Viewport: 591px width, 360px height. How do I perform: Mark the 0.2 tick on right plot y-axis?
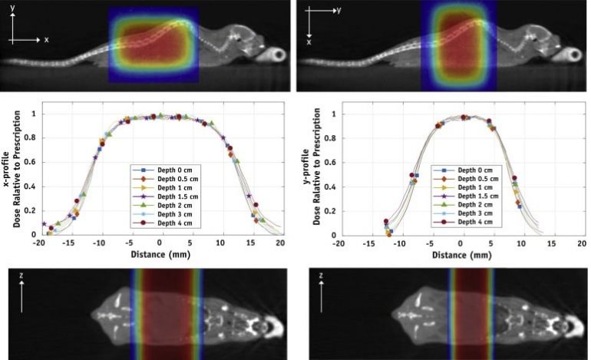point(329,210)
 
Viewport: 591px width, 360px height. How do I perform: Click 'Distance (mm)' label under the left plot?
point(160,254)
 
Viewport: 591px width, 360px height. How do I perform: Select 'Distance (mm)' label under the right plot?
point(461,254)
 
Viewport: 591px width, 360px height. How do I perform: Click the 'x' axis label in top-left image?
point(46,39)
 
